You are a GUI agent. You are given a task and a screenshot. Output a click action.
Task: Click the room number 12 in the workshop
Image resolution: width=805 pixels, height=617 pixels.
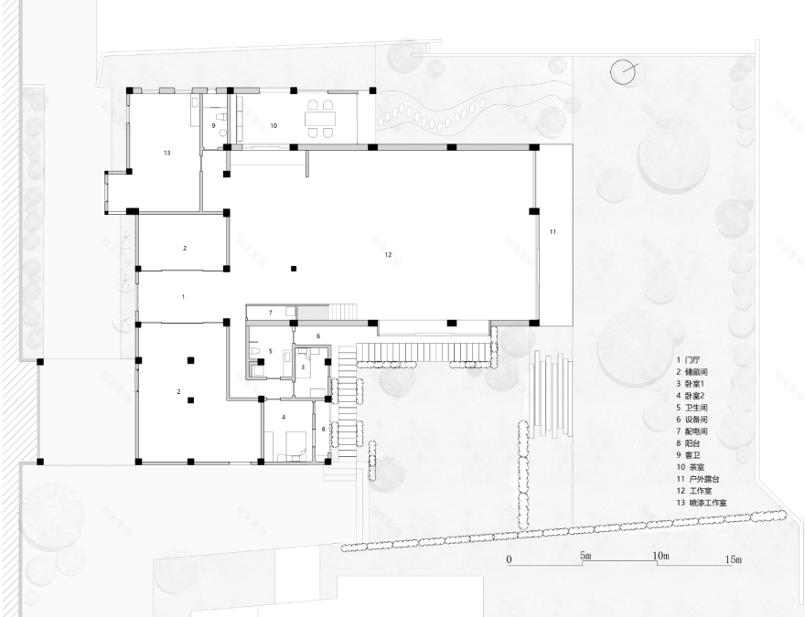[388, 254]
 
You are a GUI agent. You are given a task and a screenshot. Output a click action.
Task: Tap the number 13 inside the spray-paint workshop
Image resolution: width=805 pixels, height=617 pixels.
[167, 153]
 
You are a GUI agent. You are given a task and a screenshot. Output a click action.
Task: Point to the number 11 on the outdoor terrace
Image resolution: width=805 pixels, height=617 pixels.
[553, 232]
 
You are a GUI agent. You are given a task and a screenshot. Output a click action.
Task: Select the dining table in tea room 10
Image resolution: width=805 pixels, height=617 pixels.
[320, 119]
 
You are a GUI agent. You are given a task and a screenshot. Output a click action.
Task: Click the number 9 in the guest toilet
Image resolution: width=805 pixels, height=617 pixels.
[214, 125]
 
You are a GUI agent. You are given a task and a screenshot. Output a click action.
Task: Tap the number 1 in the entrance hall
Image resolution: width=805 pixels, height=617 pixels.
[183, 297]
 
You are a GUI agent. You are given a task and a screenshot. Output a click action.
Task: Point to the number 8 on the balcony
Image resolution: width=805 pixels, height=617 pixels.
[323, 428]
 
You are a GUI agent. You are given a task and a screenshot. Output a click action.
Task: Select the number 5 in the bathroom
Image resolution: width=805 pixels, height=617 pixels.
[270, 351]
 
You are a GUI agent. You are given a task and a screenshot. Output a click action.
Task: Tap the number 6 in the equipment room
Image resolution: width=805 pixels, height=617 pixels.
[317, 336]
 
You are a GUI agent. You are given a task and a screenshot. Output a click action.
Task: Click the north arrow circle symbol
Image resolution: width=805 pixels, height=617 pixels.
[624, 71]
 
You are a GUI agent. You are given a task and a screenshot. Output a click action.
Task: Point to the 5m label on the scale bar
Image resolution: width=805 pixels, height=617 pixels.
[585, 557]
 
